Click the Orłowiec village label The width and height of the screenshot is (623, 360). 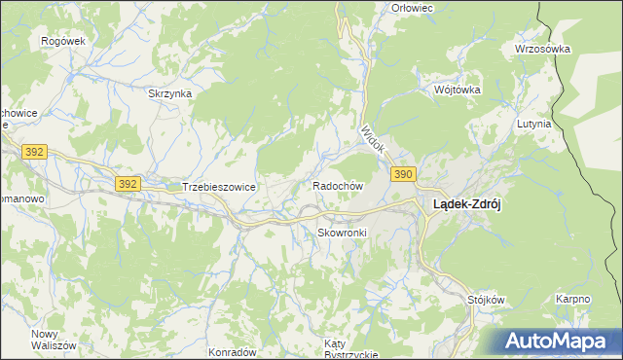(x=411, y=8)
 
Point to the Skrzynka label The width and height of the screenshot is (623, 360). (x=169, y=93)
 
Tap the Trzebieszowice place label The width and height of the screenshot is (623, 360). (x=218, y=187)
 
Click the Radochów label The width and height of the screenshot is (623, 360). (x=338, y=185)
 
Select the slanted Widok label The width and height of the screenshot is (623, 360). (x=372, y=140)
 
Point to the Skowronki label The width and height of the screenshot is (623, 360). (x=341, y=234)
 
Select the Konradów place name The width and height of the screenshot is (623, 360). (x=232, y=352)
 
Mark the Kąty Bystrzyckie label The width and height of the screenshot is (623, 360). (x=350, y=349)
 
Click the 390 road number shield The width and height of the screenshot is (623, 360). (x=405, y=174)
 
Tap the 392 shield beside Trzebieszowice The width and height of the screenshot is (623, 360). (x=126, y=183)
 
